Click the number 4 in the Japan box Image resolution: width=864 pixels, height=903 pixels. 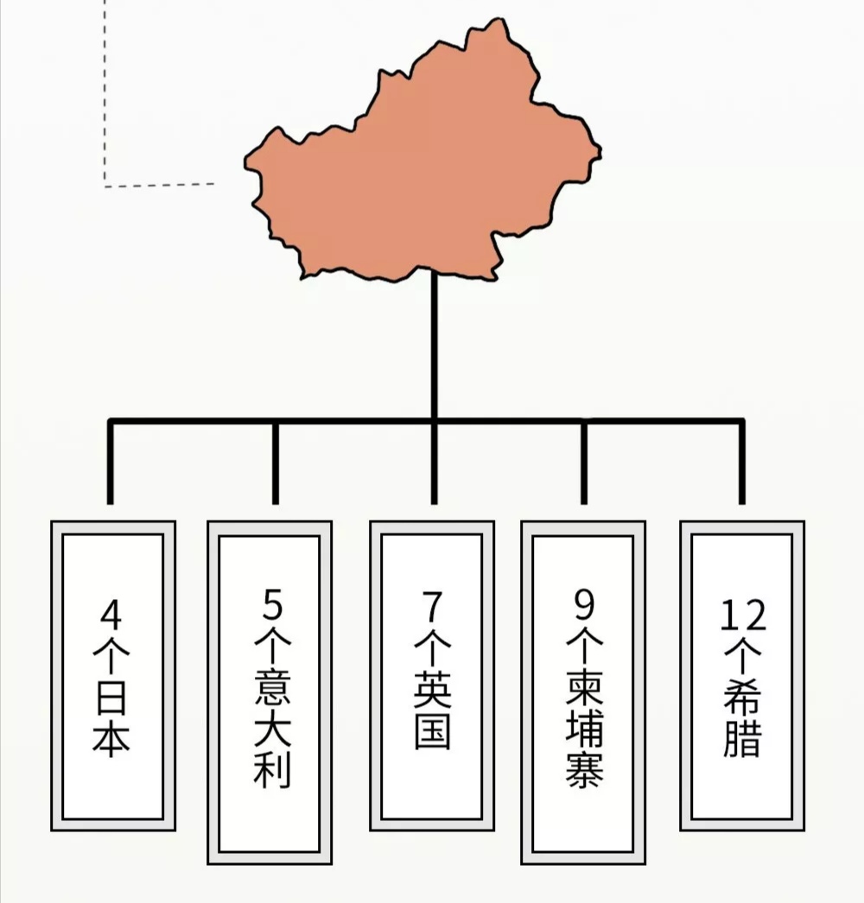[113, 616]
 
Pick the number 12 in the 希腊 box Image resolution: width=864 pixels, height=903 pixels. [743, 616]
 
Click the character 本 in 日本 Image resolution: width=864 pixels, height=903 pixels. [113, 738]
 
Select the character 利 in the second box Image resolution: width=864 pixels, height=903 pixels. [272, 767]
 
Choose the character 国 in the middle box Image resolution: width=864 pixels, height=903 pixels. [432, 730]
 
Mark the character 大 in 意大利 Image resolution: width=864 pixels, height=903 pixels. [272, 727]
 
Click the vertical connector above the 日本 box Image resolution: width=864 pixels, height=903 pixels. [110, 462]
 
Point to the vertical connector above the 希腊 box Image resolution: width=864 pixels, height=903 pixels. [740, 462]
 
